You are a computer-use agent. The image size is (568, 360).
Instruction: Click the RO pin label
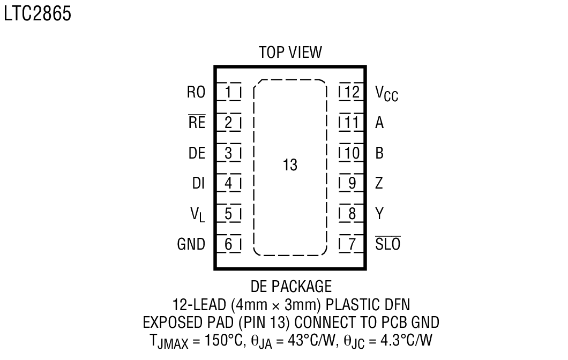pos(196,93)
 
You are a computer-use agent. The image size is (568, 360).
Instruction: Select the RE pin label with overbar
pos(197,123)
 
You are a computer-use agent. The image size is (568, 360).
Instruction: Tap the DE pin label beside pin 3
pos(197,153)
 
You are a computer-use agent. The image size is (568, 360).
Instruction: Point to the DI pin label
pos(199,184)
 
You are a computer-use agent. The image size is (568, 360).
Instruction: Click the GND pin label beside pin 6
pos(191,245)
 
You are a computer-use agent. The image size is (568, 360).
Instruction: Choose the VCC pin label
pos(386,94)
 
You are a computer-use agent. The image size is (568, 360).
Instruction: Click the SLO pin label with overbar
pos(387,245)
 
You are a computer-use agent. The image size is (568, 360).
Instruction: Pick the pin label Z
pos(379,184)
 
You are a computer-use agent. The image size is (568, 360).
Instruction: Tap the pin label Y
pos(379,214)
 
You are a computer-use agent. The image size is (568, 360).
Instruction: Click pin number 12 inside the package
pos(352,93)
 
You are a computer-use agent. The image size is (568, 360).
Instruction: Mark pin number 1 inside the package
pos(229,93)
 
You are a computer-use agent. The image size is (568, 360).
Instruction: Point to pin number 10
pos(352,153)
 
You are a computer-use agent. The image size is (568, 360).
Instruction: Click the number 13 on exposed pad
pos(290,165)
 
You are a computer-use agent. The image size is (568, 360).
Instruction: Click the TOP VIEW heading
pos(290,52)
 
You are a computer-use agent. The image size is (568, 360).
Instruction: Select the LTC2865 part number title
pos(37,15)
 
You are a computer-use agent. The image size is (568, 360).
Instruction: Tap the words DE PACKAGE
pos(291,286)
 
